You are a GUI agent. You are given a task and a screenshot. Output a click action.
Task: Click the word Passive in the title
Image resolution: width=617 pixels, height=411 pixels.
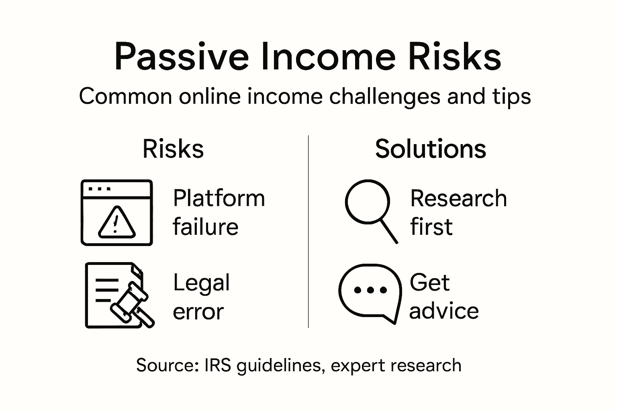tap(182, 57)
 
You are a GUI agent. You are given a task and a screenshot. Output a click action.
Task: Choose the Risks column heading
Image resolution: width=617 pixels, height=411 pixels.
tap(173, 149)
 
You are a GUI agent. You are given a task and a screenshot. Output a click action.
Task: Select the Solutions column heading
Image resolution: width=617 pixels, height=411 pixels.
tap(431, 149)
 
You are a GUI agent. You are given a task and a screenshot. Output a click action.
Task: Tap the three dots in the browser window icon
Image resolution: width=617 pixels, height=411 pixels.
tap(99, 188)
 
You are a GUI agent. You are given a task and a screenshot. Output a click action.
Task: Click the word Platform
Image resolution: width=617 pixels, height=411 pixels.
tap(219, 199)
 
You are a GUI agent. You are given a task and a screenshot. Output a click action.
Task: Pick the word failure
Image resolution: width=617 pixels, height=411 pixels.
tap(206, 227)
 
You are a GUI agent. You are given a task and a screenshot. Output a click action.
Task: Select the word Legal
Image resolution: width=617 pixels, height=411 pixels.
tap(201, 283)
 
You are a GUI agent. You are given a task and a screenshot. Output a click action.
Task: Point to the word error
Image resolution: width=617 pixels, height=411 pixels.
tap(198, 311)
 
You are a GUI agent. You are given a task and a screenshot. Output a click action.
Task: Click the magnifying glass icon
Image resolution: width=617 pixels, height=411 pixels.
tap(370, 210)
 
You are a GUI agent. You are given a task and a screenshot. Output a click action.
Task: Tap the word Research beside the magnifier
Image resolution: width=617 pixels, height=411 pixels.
tap(458, 199)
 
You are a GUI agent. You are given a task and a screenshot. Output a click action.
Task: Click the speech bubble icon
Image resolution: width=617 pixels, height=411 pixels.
tap(370, 292)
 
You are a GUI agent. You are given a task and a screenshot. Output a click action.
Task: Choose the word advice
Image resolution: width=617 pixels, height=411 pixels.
tap(444, 311)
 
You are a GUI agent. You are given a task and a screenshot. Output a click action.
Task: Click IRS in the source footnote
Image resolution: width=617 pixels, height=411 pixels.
tap(217, 365)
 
